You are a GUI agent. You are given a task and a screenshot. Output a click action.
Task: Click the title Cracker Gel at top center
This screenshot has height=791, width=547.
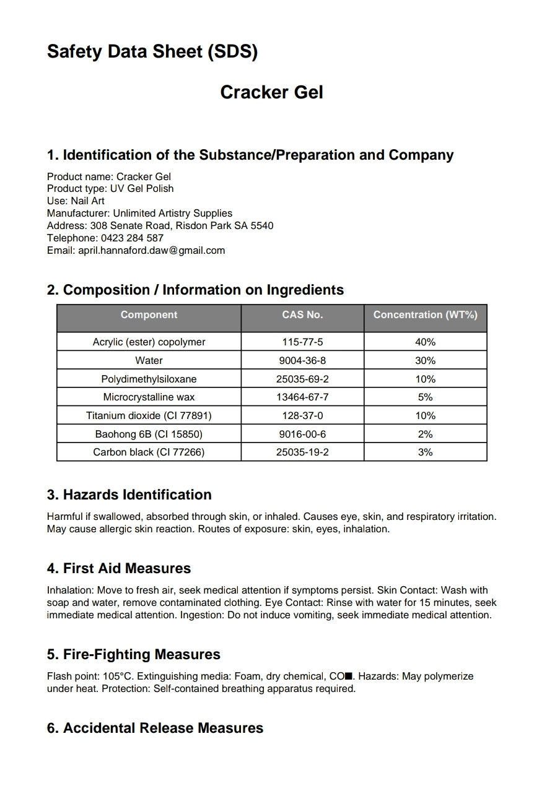point(271,92)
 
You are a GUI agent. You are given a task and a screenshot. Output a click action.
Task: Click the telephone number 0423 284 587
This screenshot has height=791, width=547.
point(129,238)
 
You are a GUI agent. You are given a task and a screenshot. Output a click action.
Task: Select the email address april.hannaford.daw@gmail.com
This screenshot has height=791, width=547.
point(151,250)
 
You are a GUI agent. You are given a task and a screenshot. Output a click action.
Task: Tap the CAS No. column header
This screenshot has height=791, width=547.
point(302,315)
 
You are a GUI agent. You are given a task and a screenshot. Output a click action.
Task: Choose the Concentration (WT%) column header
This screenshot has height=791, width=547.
point(425,315)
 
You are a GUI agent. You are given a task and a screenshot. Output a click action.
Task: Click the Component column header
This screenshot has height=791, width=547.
point(149,315)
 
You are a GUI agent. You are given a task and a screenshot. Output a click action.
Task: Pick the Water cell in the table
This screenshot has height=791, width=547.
point(149,360)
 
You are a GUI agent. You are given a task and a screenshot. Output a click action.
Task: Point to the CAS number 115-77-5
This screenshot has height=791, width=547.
point(302,342)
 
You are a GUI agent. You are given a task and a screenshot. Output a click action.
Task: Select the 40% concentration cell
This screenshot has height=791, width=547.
point(425,342)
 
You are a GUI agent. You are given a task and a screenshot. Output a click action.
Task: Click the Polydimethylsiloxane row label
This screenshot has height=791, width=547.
point(149,379)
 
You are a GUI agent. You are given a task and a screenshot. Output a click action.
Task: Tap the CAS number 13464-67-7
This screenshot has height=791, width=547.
point(302,397)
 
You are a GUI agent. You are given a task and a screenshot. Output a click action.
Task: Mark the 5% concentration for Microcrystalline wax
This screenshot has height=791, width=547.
point(425,397)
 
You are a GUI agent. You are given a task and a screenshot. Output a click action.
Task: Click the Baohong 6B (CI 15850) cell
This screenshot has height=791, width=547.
point(149,434)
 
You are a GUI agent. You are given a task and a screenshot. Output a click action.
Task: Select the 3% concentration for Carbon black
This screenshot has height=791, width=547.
point(425,452)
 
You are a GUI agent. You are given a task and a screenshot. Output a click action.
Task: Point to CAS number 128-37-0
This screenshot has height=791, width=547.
point(302,415)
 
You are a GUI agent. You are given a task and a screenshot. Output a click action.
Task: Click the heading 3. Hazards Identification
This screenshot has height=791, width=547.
point(129,495)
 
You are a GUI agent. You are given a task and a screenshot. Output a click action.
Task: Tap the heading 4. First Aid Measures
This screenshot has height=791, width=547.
point(119,568)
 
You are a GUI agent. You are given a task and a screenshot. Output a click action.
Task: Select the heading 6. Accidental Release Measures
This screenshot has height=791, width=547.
point(155,728)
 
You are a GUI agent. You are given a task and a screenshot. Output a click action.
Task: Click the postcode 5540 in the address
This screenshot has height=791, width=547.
point(262,225)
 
